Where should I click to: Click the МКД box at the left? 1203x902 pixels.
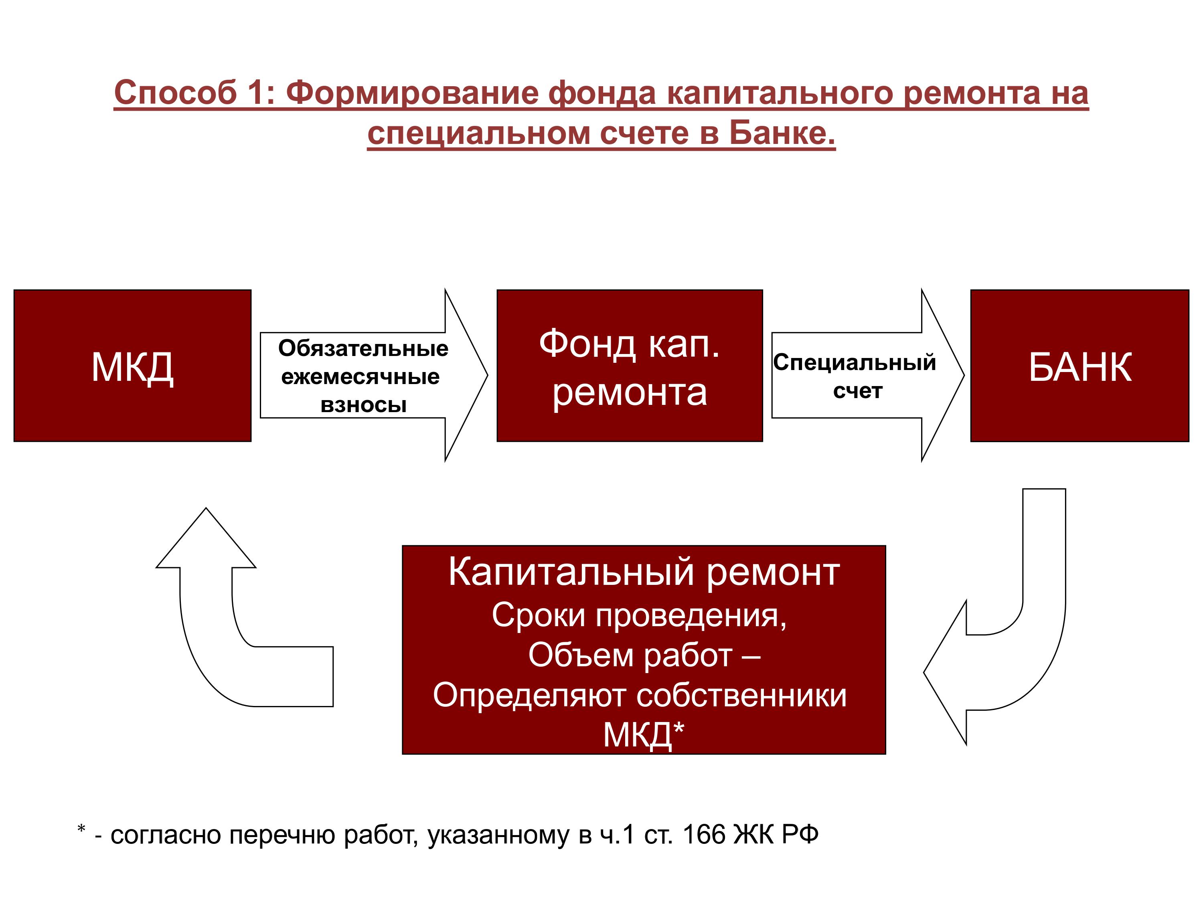pyautogui.click(x=132, y=365)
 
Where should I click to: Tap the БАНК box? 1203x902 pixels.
pyautogui.click(x=1079, y=365)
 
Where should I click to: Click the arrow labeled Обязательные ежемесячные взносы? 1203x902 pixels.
pyautogui.click(x=374, y=375)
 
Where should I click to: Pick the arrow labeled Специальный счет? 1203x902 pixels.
pyautogui.click(x=867, y=375)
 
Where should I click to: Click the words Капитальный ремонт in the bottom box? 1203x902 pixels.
pyautogui.click(x=644, y=572)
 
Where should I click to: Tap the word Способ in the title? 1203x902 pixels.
pyautogui.click(x=176, y=93)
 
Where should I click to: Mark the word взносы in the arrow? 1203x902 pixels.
pyautogui.click(x=363, y=405)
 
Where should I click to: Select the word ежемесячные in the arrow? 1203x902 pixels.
pyautogui.click(x=360, y=377)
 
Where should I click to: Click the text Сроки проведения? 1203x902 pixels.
pyautogui.click(x=639, y=617)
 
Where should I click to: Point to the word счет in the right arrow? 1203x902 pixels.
pyautogui.click(x=858, y=391)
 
